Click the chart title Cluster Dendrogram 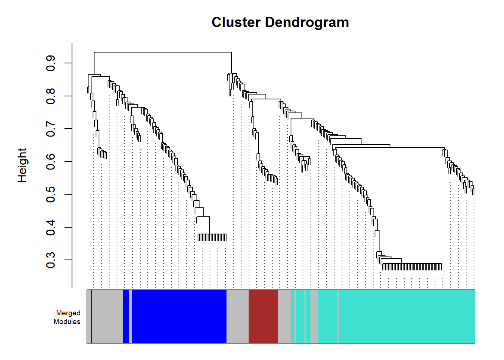click(280, 22)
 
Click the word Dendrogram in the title click(307, 22)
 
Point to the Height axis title click(22, 165)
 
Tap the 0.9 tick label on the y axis click(50, 63)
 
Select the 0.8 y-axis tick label click(50, 96)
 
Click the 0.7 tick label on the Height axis click(50, 129)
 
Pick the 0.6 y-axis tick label click(50, 162)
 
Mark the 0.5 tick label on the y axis click(50, 194)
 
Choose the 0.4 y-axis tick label click(50, 227)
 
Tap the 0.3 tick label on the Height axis click(50, 260)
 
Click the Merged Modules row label click(67, 317)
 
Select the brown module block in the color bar click(263, 316)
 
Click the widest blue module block click(179, 316)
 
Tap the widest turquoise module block click(407, 316)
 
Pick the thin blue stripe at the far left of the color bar click(91, 316)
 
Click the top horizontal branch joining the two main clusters click(163, 52)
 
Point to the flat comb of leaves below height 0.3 click(412, 267)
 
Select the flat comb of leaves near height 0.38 click(212, 237)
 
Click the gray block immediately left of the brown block click(237, 316)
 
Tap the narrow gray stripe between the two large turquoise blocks click(338, 316)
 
